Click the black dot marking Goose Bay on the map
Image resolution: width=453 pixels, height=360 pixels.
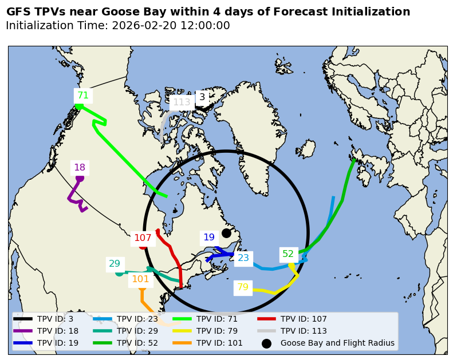pos(226,233)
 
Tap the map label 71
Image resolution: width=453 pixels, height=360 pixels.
pos(83,96)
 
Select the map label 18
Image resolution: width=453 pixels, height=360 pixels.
pos(80,168)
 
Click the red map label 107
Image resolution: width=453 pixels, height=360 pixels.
pos(143,238)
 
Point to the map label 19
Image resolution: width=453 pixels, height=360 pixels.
pos(209,238)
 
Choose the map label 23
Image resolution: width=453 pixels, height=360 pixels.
pos(243,258)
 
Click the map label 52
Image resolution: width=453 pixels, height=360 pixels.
pos(288,254)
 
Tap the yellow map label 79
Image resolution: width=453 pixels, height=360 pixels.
pos(243,287)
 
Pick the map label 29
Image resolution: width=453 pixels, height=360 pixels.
pos(115,264)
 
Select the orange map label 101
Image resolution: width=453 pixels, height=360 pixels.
pos(140,279)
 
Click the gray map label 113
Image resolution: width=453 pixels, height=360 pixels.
pos(182,102)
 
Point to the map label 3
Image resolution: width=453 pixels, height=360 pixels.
pos(202,97)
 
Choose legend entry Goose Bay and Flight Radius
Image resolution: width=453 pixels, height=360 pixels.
pos(337,343)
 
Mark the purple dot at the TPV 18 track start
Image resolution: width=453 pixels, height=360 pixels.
pos(80,178)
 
